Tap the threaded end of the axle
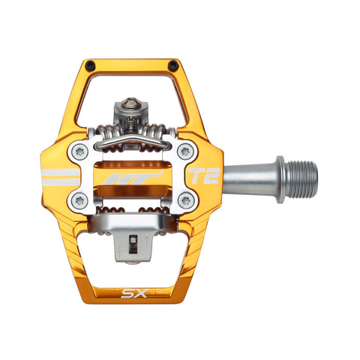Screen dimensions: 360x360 click(304, 177)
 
